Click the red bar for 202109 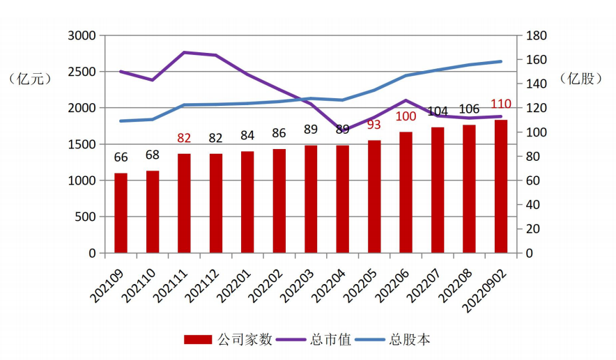coord(121,213)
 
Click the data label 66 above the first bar coord(121,158)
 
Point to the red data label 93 coord(374,125)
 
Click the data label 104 coord(438,112)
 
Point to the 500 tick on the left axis coord(85,217)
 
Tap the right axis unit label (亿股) coord(580,79)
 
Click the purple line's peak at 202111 coord(185,52)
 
